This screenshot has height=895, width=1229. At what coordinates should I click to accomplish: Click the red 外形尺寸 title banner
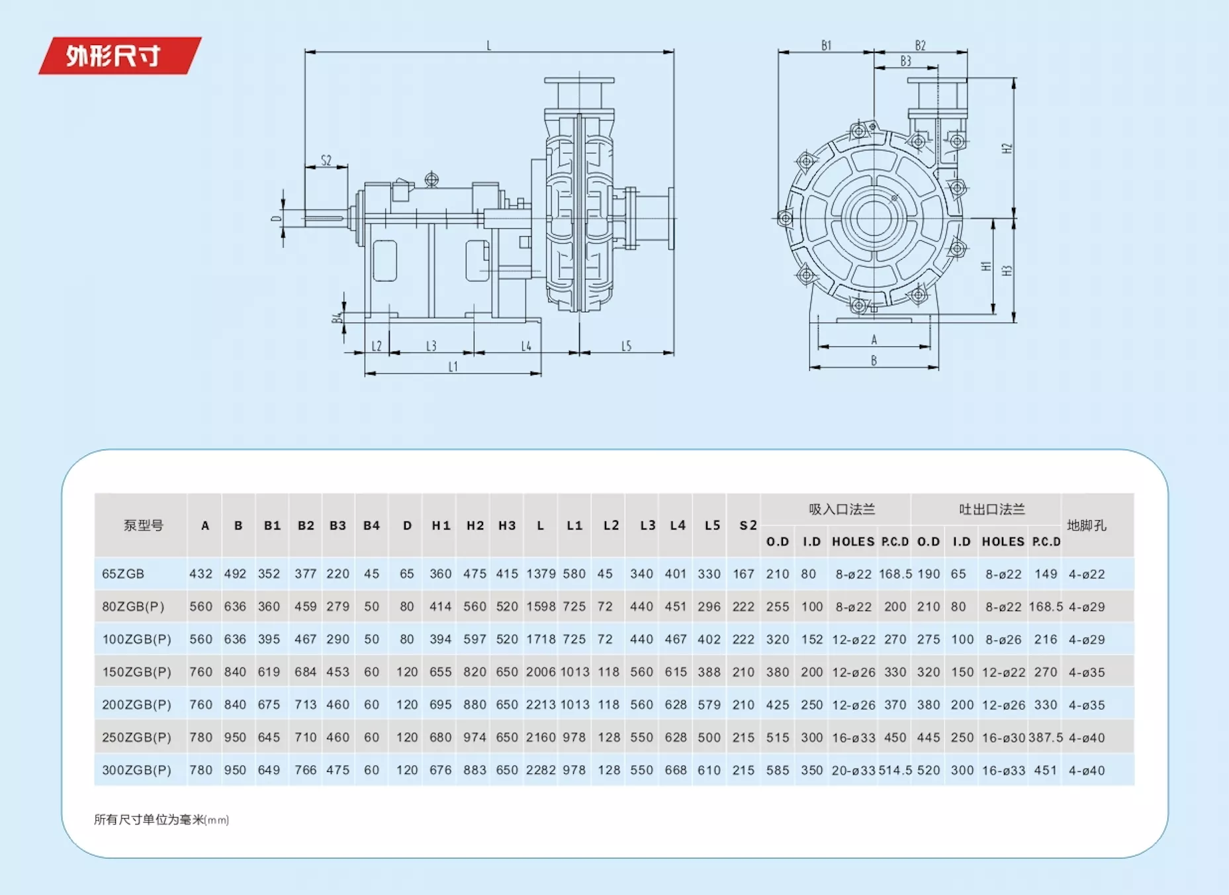click(x=120, y=56)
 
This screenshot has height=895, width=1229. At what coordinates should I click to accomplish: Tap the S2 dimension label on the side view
click(x=326, y=160)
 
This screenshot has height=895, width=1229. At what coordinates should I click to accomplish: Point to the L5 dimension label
click(x=626, y=346)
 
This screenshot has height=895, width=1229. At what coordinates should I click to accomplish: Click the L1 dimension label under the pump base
click(x=453, y=366)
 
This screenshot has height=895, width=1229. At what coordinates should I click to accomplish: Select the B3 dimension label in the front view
click(x=906, y=61)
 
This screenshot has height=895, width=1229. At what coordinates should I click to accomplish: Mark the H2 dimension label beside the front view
click(x=1007, y=148)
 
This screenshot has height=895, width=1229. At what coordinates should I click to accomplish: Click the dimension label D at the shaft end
click(x=276, y=218)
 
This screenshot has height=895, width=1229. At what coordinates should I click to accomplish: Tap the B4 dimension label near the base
click(x=338, y=318)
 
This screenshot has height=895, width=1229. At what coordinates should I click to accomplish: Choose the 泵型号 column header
click(x=143, y=526)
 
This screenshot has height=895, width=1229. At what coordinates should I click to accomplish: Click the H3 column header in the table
click(x=507, y=526)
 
